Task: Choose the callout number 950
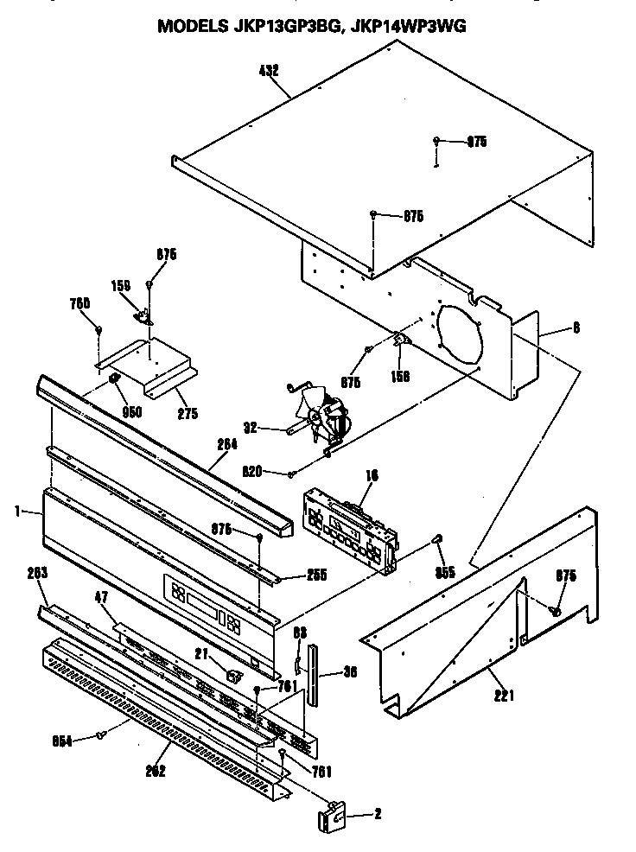(x=131, y=412)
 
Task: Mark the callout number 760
(x=80, y=303)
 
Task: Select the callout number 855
(x=444, y=571)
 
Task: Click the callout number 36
(x=351, y=671)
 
